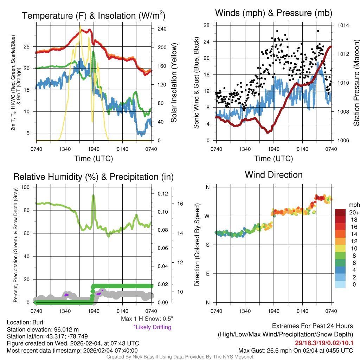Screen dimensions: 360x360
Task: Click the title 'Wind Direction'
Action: pyautogui.click(x=274, y=175)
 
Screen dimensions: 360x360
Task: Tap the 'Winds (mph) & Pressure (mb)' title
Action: pyautogui.click(x=274, y=13)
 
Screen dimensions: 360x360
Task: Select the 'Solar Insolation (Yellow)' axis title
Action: pyautogui.click(x=174, y=83)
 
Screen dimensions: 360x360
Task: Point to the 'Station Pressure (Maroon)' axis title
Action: pyautogui.click(x=356, y=83)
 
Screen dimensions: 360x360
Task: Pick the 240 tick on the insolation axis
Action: pyautogui.click(x=162, y=28)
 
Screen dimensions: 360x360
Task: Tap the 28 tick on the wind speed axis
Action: pyautogui.click(x=207, y=25)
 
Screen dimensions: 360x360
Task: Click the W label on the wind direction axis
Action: pyautogui.click(x=207, y=216)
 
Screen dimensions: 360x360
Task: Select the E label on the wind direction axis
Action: pyautogui.click(x=207, y=274)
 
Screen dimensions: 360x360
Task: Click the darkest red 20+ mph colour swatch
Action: pyautogui.click(x=340, y=213)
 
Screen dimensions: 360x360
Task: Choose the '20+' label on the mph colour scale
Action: pyautogui.click(x=354, y=213)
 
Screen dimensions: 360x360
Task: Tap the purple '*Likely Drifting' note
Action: pyautogui.click(x=152, y=327)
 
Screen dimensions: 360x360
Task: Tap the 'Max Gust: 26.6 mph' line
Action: pyautogui.click(x=295, y=351)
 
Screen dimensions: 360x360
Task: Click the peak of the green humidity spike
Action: pyautogui.click(x=94, y=195)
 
